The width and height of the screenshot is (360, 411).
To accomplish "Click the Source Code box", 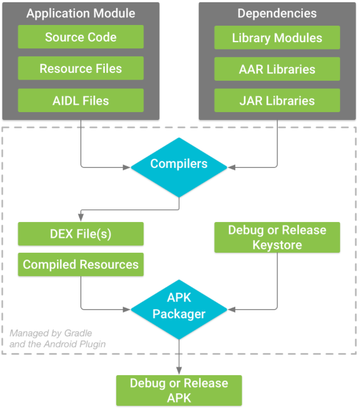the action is point(81,36).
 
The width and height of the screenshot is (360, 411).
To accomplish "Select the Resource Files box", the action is point(81,68).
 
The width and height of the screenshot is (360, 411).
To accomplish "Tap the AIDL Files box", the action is point(81,100).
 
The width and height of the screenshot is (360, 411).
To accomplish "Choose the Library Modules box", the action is point(277,38).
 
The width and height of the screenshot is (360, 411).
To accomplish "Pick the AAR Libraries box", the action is point(277,69).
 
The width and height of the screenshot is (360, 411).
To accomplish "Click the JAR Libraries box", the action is point(277,100).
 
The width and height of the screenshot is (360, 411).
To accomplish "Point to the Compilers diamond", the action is point(179,167).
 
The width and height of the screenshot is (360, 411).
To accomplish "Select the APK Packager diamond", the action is point(179,310).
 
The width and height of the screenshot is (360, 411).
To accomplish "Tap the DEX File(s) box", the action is point(81,234).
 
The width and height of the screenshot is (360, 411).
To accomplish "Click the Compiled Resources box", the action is point(81,265).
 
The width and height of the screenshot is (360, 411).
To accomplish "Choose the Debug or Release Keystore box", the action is point(277,237).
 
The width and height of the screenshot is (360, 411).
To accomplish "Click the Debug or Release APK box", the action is point(179,391).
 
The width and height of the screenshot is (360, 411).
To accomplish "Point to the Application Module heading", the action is point(81,13).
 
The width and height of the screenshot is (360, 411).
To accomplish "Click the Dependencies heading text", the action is point(277,13).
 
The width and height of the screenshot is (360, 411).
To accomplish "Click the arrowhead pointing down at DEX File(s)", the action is point(81,217).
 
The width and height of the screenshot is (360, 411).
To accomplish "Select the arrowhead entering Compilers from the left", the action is point(126,167).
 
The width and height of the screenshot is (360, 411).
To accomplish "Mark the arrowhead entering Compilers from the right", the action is point(231,167).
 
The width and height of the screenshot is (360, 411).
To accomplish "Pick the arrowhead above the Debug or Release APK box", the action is point(179,371).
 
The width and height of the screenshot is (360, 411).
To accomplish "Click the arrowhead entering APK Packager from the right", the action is point(231,310).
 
